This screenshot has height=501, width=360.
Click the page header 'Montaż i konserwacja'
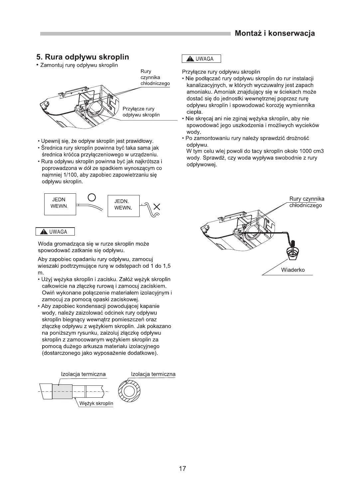(x=275, y=33)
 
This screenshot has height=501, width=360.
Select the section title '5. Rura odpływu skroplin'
(x=82, y=57)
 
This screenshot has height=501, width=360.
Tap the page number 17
(x=182, y=469)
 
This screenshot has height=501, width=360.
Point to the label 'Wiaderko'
(x=293, y=270)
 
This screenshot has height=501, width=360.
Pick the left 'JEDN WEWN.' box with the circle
(x=60, y=203)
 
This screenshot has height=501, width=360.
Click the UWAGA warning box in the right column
(x=201, y=59)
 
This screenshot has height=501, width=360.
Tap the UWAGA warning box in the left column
(x=55, y=232)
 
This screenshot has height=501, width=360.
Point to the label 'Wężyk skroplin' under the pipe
(x=96, y=403)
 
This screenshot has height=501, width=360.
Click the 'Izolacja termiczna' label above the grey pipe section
(x=83, y=374)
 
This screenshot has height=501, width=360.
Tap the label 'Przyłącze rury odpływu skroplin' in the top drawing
(x=141, y=112)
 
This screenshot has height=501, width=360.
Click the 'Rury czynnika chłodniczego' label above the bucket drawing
(x=306, y=202)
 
